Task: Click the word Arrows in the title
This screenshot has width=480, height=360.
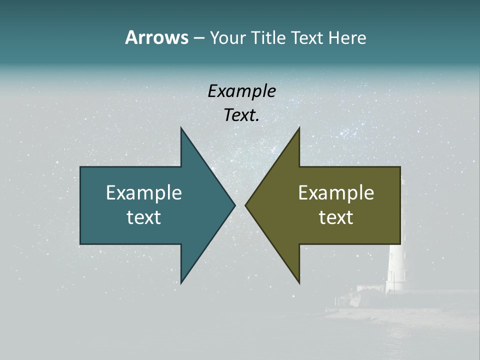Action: click(156, 37)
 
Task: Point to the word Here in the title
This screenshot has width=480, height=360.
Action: click(347, 37)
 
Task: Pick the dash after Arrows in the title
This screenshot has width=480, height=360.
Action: click(198, 38)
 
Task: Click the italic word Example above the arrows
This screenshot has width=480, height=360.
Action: click(241, 91)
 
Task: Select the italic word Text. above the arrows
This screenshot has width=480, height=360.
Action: click(241, 115)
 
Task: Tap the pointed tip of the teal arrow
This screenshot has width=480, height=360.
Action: click(234, 205)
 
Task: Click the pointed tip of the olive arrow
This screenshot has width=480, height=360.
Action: click(246, 205)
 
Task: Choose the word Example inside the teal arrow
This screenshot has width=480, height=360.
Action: click(144, 192)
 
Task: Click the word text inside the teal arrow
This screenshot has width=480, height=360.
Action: click(144, 217)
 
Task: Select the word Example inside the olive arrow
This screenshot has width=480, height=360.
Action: click(336, 192)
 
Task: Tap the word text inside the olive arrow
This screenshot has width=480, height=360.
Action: click(336, 217)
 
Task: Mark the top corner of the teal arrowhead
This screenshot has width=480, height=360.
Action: click(181, 128)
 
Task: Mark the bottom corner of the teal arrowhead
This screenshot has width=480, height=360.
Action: click(181, 282)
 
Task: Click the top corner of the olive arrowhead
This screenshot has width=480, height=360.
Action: click(299, 128)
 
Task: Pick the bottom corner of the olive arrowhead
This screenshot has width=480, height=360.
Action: click(299, 282)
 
